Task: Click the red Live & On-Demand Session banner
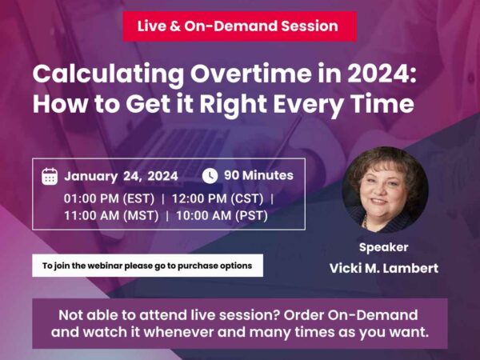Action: pos(238,26)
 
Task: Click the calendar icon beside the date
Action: pos(50,176)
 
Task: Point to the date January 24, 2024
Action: pos(121,176)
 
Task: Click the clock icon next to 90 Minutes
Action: pos(210,175)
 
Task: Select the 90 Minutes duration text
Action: pos(258,175)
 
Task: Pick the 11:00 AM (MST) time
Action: pos(111,214)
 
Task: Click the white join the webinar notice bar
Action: pos(147,266)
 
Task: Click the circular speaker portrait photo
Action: pos(384,189)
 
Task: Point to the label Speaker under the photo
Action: pos(383,247)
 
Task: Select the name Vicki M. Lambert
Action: pos(383,268)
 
